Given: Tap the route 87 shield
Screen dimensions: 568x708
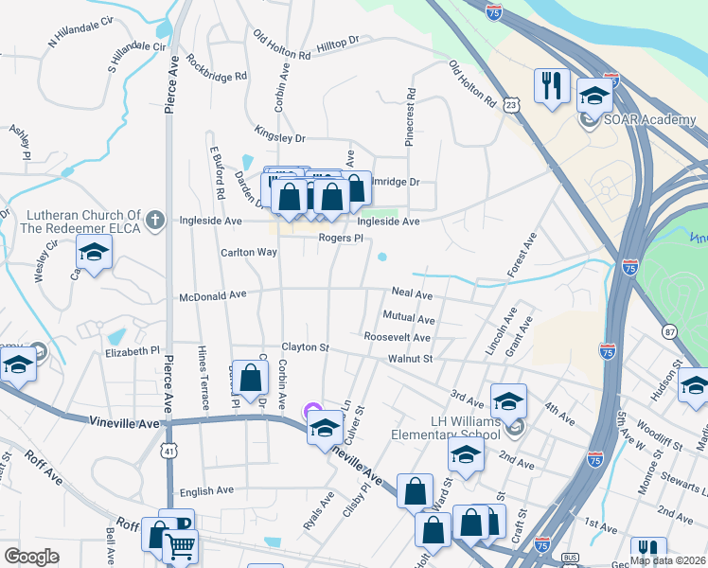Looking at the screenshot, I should pos(670,330).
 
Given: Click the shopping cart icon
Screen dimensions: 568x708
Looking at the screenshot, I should pos(180,543).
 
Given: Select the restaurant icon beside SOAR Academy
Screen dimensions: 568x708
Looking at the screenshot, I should pos(550,86).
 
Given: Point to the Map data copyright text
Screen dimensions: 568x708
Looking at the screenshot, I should pos(667,560).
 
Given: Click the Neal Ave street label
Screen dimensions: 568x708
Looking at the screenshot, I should pos(412,295).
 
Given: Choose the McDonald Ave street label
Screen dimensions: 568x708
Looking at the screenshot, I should pos(213,295).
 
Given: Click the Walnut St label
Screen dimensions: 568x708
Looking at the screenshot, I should pos(410,359).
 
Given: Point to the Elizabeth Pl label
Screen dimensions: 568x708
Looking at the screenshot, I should pos(133,350).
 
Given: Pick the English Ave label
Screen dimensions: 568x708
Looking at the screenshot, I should pos(206,490).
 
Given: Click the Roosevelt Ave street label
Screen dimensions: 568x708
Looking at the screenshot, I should pos(397,337).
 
